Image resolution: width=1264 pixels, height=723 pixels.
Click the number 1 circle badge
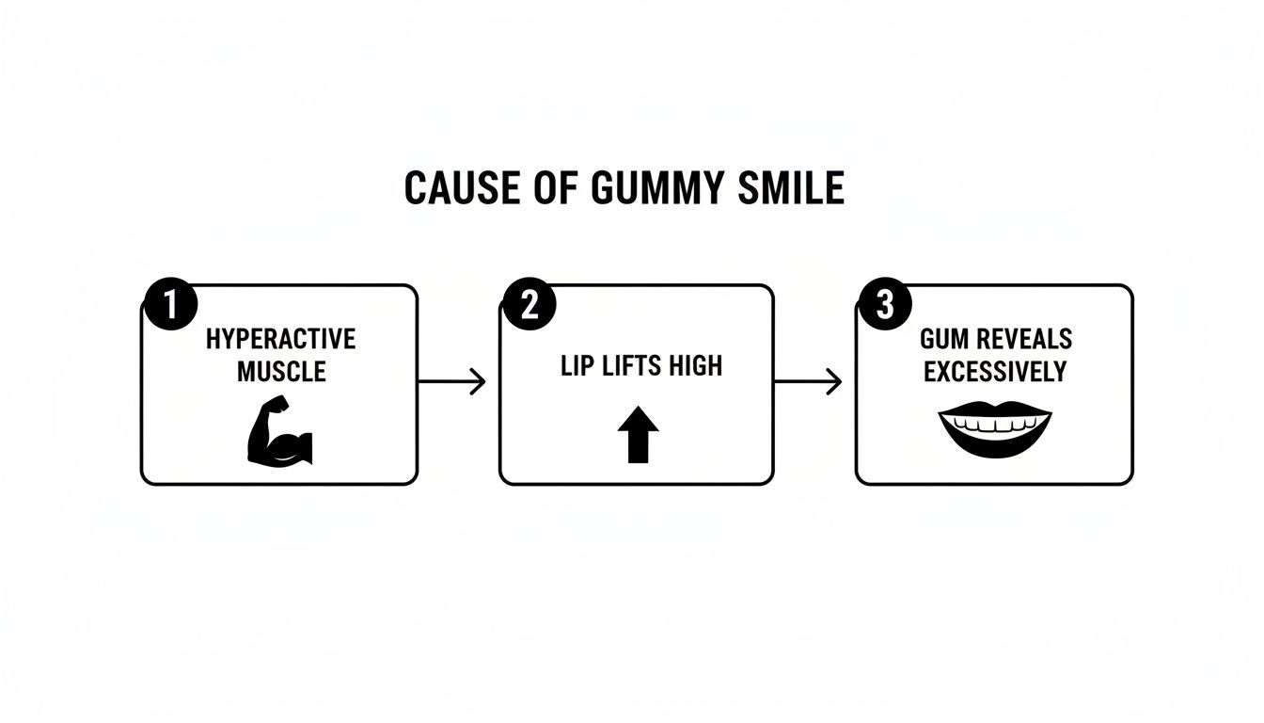[171, 307]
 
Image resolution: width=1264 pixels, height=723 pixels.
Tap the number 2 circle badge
[529, 307]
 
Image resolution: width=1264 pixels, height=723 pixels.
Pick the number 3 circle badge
[885, 307]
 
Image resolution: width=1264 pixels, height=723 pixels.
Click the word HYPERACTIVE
[280, 339]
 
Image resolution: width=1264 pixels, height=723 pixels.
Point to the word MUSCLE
[280, 371]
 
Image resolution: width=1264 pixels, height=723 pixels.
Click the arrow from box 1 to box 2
[451, 381]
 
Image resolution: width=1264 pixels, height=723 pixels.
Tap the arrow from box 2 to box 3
[808, 381]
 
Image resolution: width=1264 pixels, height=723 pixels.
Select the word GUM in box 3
[944, 339]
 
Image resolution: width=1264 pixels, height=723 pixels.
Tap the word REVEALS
[1025, 339]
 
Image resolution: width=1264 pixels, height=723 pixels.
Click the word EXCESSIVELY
[994, 371]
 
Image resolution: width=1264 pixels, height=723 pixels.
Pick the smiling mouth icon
[994, 429]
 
